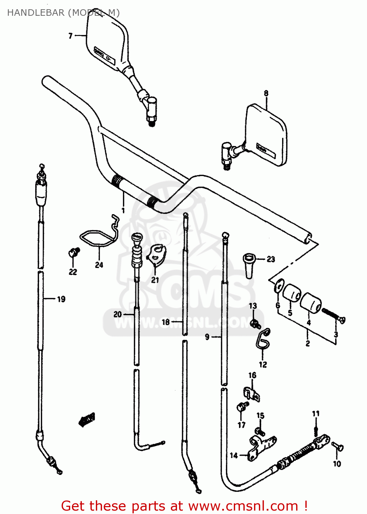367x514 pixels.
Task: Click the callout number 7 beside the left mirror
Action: pos(71,36)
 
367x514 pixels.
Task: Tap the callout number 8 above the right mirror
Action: pos(266,93)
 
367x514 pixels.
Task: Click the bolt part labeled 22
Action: pos(73,253)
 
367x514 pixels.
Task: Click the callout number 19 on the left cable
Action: pos(61,299)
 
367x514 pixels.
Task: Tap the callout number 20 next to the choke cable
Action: pos(117,314)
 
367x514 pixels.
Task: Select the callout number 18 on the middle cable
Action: pos(166,322)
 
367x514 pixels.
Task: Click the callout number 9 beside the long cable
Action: pos(207,337)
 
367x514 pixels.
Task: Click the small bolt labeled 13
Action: pos(254,322)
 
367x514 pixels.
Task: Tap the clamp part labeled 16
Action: pos(252,394)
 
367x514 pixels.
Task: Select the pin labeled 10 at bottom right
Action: pos(338,447)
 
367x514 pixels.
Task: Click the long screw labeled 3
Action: pos(332,314)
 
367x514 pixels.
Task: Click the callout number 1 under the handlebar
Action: pos(123,210)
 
